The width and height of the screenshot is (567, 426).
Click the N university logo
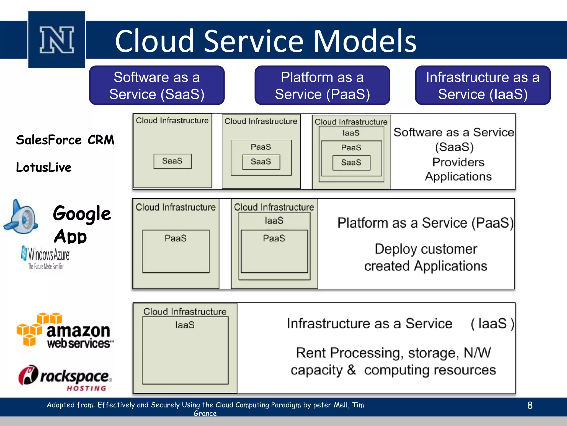pyautogui.click(x=56, y=40)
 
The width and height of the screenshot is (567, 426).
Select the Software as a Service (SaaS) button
pyautogui.click(x=157, y=85)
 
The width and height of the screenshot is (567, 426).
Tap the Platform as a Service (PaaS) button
pyautogui.click(x=322, y=85)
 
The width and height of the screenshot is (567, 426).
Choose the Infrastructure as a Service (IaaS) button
pyautogui.click(x=483, y=85)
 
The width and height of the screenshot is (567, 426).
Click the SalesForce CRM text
pyautogui.click(x=65, y=140)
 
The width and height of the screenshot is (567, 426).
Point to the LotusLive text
pyautogui.click(x=44, y=167)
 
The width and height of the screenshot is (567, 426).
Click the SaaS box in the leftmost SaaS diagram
pyautogui.click(x=172, y=161)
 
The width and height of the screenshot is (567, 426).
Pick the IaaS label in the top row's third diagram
pyautogui.click(x=351, y=133)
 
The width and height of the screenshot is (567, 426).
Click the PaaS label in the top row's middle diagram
pyautogui.click(x=261, y=147)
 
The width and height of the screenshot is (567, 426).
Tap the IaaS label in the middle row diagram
pyautogui.click(x=274, y=220)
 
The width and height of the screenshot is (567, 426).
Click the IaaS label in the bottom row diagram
pyautogui.click(x=185, y=325)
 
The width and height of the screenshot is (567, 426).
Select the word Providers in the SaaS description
pyautogui.click(x=458, y=162)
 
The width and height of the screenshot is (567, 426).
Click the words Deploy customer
pyautogui.click(x=426, y=249)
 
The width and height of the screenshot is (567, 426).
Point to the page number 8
pyautogui.click(x=530, y=405)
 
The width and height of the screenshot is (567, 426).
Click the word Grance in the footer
pyautogui.click(x=205, y=413)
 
